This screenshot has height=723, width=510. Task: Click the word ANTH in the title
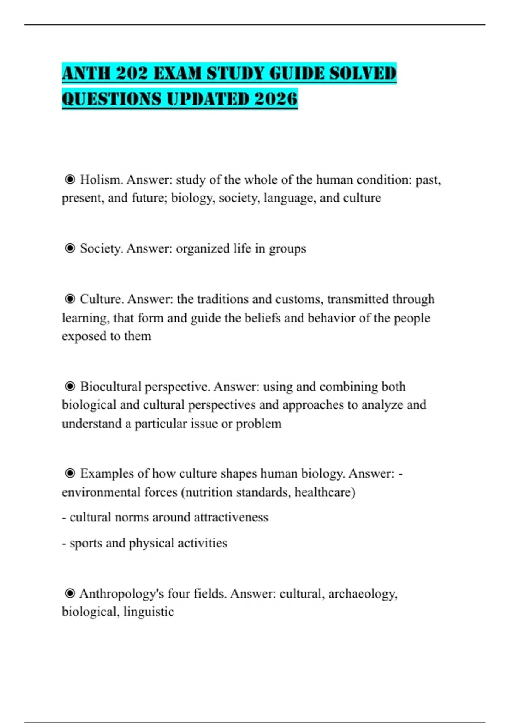pos(86,74)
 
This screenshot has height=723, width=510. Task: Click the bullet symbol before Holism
pos(70,180)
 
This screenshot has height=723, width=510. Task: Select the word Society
pos(102,248)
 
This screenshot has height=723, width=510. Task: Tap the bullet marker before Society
pos(70,248)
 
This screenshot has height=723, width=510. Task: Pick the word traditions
pos(221,299)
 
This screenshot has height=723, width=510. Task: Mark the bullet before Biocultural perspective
pos(70,387)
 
